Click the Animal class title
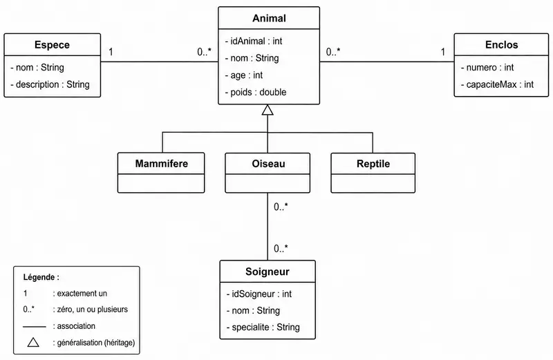(x=269, y=19)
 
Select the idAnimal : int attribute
(x=254, y=41)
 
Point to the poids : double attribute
(x=256, y=93)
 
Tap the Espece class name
(x=53, y=45)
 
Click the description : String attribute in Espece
(x=50, y=84)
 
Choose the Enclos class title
(x=502, y=45)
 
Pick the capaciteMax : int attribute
(x=497, y=84)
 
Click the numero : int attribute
(x=487, y=67)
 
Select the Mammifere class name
(x=162, y=164)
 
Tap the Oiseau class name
(x=268, y=164)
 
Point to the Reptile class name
(x=373, y=164)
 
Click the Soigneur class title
(x=268, y=272)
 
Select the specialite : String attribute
(x=263, y=328)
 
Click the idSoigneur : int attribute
(x=259, y=294)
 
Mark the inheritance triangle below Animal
(x=268, y=110)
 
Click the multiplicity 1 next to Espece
(x=111, y=53)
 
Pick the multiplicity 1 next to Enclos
(x=442, y=53)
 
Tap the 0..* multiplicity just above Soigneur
(x=281, y=249)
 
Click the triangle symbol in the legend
(x=33, y=342)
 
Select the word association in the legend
(x=76, y=326)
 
